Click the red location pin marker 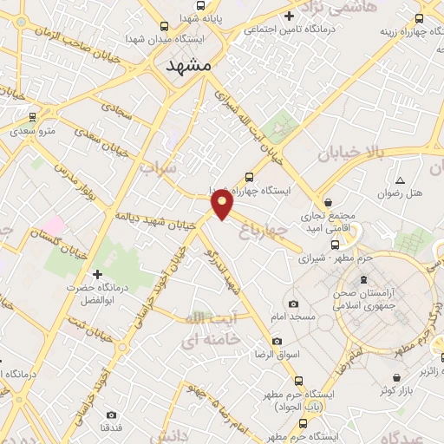(x=223, y=205)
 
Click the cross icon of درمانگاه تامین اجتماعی (x=289, y=16)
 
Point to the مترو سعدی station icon (x=32, y=116)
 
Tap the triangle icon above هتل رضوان (x=400, y=180)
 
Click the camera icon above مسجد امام (x=293, y=304)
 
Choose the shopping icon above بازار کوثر (x=395, y=379)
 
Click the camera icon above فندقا (x=111, y=415)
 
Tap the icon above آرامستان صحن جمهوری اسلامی (x=362, y=279)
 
